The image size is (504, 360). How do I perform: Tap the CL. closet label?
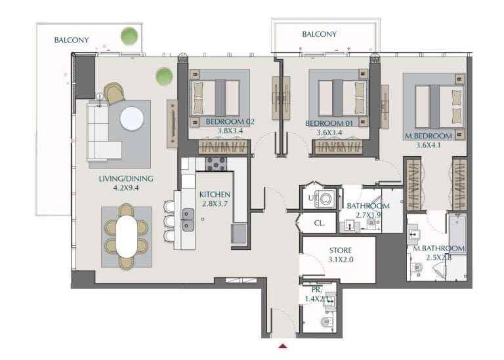point(320,223)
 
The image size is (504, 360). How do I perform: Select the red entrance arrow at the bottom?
point(283,346)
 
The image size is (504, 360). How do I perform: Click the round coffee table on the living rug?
point(132,119)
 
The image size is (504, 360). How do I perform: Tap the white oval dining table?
point(126,237)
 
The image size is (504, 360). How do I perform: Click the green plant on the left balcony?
point(129,35)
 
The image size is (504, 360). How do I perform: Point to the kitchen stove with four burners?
point(216,163)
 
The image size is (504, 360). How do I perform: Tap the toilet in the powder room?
point(325,322)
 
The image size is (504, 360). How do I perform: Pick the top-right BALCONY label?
point(319,34)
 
